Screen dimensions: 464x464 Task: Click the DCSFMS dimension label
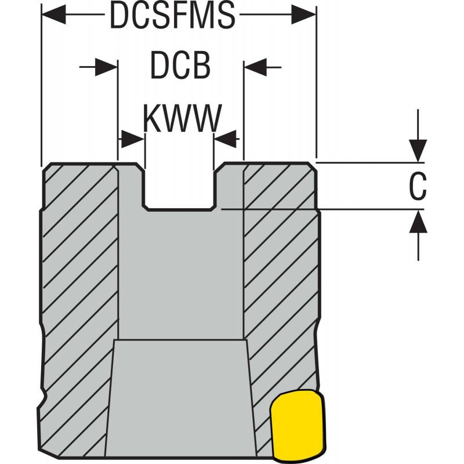172,16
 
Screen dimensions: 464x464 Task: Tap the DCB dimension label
180,67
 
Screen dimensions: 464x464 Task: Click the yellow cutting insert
296,423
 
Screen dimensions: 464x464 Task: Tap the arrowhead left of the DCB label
107,67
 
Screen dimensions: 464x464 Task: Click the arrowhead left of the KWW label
132,137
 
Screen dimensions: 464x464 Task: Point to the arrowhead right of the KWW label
227,137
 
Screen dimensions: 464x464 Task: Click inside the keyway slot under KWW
180,186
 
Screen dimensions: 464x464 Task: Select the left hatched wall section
80,261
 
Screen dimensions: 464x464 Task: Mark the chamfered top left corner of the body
48,167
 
